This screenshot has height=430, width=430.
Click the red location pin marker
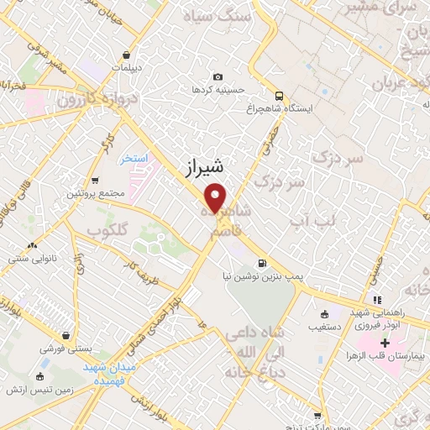216,198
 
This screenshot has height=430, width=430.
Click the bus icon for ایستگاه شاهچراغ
278,96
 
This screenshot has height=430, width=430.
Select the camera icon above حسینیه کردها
218,76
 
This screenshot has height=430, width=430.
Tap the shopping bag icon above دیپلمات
125,54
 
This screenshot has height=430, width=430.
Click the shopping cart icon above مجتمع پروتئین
94,181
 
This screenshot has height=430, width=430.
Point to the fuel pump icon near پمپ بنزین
263,261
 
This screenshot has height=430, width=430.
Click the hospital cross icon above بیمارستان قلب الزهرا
385,343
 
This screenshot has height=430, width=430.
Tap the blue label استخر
133,159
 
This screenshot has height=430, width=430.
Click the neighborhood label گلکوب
107,230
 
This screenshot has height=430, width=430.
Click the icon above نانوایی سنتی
32,245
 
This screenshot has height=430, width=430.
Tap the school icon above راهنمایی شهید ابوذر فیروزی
377,299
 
